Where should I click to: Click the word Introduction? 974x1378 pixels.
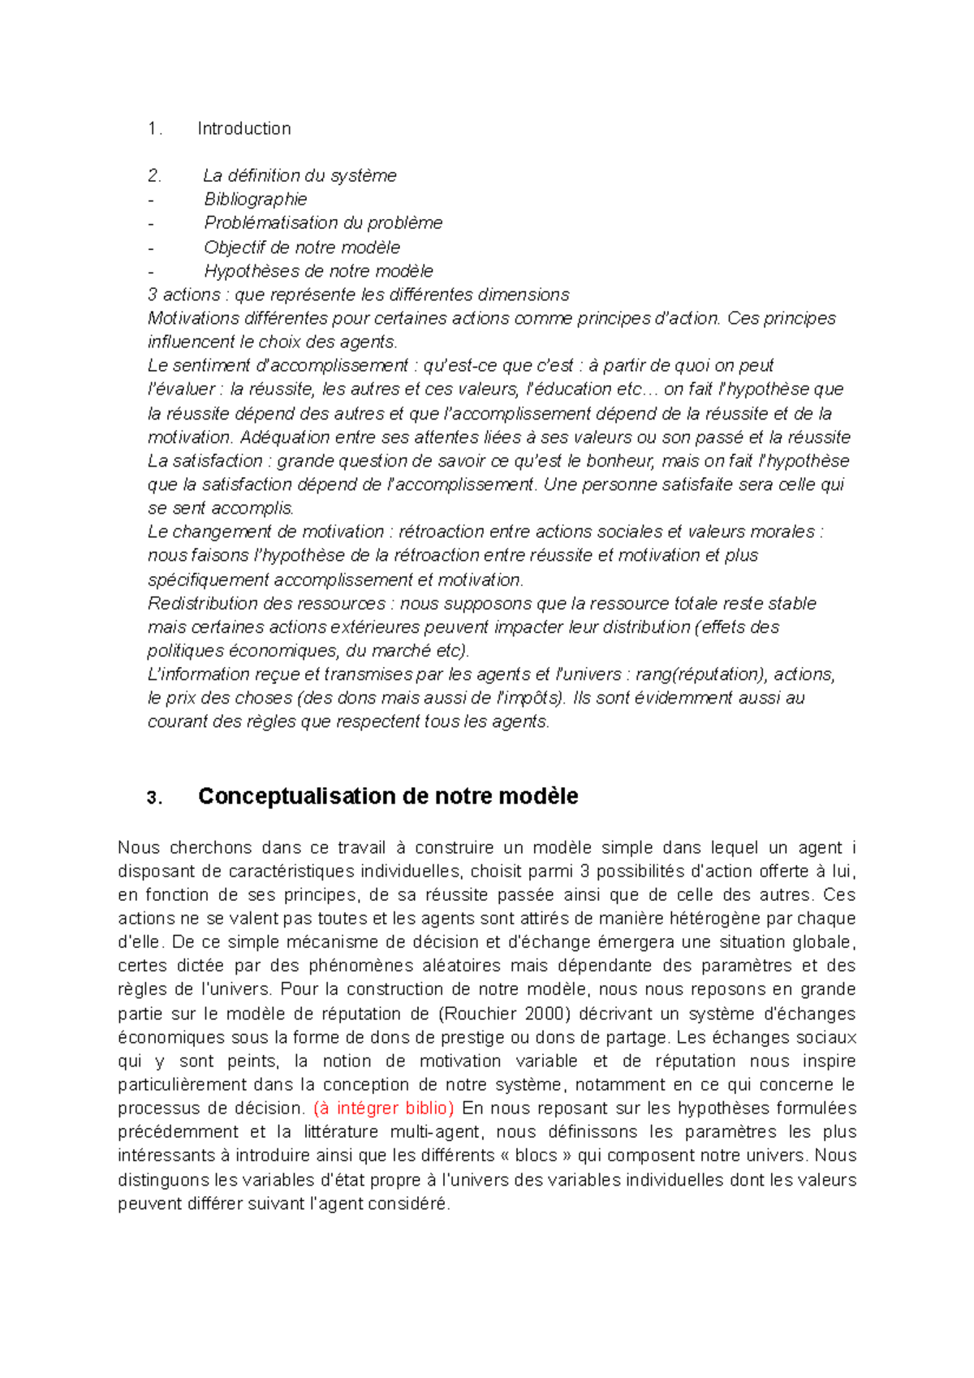click(243, 128)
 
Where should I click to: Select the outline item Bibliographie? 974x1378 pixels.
click(255, 199)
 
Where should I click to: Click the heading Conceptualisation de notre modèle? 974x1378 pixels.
click(387, 796)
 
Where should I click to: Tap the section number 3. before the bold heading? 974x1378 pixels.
click(154, 798)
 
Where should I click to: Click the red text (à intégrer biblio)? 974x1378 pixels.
click(383, 1108)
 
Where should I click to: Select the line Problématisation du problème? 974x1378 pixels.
click(323, 222)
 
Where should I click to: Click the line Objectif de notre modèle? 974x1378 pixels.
click(302, 247)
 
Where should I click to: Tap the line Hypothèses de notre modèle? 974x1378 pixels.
click(318, 270)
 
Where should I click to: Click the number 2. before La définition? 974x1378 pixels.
click(154, 175)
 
